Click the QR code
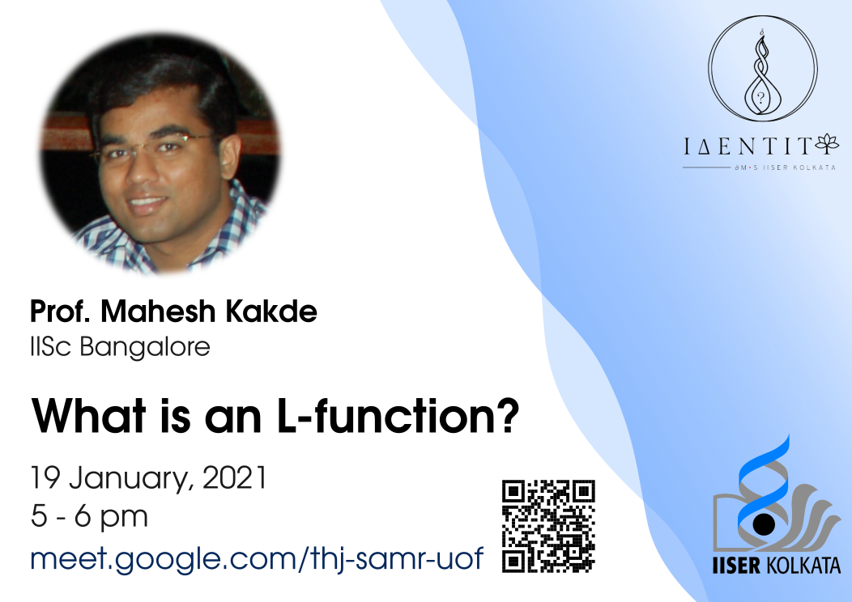point(548,526)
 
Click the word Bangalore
point(145,347)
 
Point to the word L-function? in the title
point(398,417)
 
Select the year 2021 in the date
point(235,477)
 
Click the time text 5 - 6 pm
point(89,516)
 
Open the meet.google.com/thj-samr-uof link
point(257,558)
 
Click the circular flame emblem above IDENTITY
point(762,68)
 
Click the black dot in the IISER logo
point(764,524)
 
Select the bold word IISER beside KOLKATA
point(736,566)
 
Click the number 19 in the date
point(45,477)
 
